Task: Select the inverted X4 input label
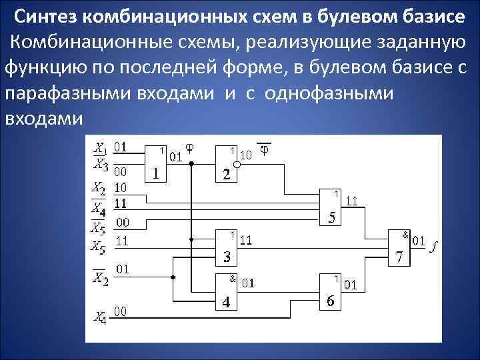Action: click(98, 205)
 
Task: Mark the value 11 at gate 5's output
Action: click(352, 200)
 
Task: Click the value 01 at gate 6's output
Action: click(351, 285)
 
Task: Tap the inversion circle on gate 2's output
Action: click(237, 164)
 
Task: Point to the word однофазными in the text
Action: click(329, 93)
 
